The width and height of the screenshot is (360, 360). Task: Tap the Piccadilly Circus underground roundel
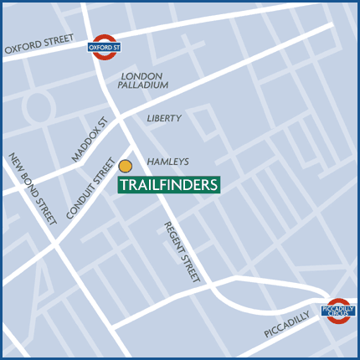tap(339, 309)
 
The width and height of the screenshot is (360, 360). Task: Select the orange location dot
tap(126, 166)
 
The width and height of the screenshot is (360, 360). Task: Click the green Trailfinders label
tap(168, 184)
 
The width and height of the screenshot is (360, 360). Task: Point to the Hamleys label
tap(168, 162)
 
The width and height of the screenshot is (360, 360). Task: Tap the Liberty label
tap(164, 119)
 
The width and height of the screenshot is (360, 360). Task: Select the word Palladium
tap(144, 85)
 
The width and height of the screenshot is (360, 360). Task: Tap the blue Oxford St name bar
tap(103, 47)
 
